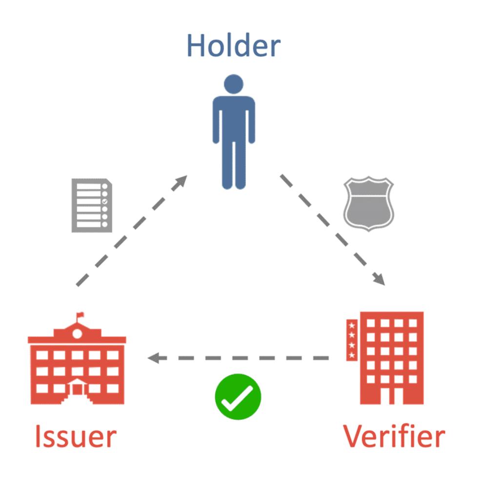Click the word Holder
233,45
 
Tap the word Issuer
75,436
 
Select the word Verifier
393,436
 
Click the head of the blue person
233,83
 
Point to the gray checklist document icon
92,205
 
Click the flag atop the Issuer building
80,316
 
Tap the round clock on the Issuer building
77,334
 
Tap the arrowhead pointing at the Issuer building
154,358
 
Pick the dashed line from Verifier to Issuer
244,358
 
